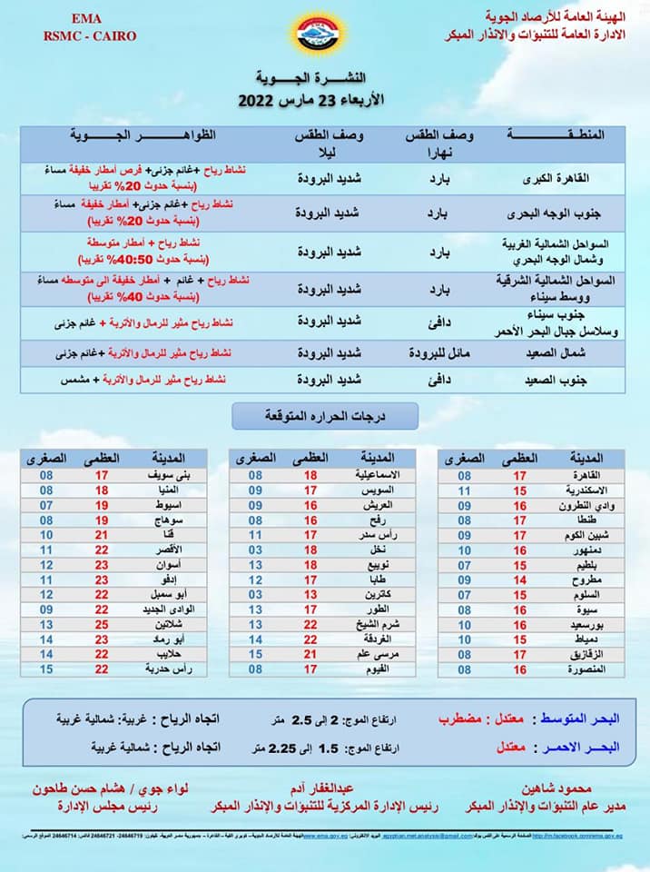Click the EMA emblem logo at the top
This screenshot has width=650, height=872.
click(324, 34)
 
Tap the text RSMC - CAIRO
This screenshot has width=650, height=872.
click(76, 35)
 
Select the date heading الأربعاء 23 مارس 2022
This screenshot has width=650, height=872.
click(302, 100)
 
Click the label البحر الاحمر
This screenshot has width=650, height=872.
click(580, 747)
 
